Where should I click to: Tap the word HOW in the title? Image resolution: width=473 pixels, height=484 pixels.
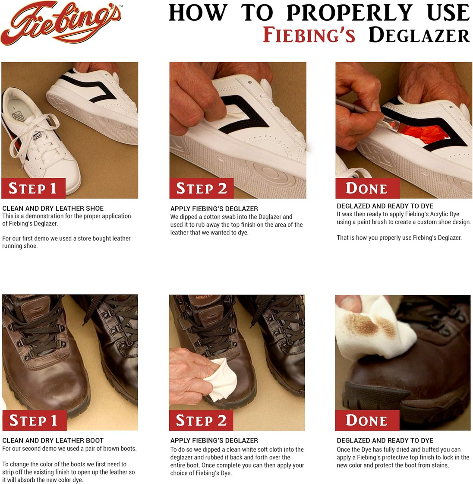[x=198, y=13]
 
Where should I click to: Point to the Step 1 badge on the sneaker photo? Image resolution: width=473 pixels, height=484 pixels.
[x=33, y=188]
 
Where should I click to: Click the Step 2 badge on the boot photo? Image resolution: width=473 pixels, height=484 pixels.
[x=201, y=420]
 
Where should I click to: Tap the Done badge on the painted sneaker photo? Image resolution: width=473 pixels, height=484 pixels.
[x=367, y=188]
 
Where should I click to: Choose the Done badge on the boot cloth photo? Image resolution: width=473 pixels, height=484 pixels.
[x=367, y=420]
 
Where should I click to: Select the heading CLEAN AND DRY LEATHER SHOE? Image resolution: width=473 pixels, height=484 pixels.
[x=53, y=208]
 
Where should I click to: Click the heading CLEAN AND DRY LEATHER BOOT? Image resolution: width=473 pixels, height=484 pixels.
[x=53, y=440]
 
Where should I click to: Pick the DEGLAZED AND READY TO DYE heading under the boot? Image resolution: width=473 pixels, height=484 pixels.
[x=385, y=440]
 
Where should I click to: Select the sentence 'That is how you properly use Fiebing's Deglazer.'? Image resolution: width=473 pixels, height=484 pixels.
[x=399, y=237]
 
